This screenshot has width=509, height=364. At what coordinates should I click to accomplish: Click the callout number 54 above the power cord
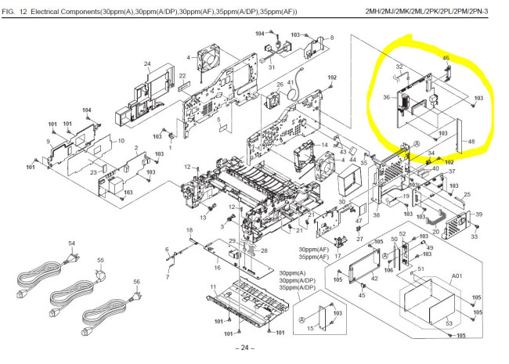[49, 244]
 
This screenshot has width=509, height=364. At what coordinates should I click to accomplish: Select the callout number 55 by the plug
[100, 260]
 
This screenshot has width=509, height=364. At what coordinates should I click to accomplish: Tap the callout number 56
[136, 282]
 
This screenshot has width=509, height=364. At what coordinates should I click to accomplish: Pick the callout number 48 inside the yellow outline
[471, 142]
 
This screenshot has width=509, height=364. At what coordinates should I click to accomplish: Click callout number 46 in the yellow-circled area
[446, 58]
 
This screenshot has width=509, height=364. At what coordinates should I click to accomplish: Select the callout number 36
[386, 97]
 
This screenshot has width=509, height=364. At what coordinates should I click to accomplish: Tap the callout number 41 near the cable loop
[290, 82]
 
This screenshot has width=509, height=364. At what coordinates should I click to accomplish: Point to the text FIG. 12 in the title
[17, 10]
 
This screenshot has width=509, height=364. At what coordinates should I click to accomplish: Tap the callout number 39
[479, 214]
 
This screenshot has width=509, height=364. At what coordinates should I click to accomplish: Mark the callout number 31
[271, 67]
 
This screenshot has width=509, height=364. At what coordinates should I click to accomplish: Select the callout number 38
[376, 215]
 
